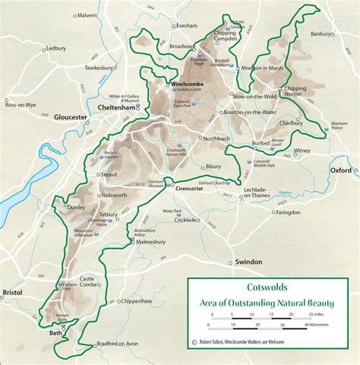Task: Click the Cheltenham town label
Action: point(117,108)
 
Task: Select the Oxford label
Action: point(340,171)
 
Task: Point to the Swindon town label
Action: point(248,262)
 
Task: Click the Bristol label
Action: point(13,292)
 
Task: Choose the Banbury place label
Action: point(330,33)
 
